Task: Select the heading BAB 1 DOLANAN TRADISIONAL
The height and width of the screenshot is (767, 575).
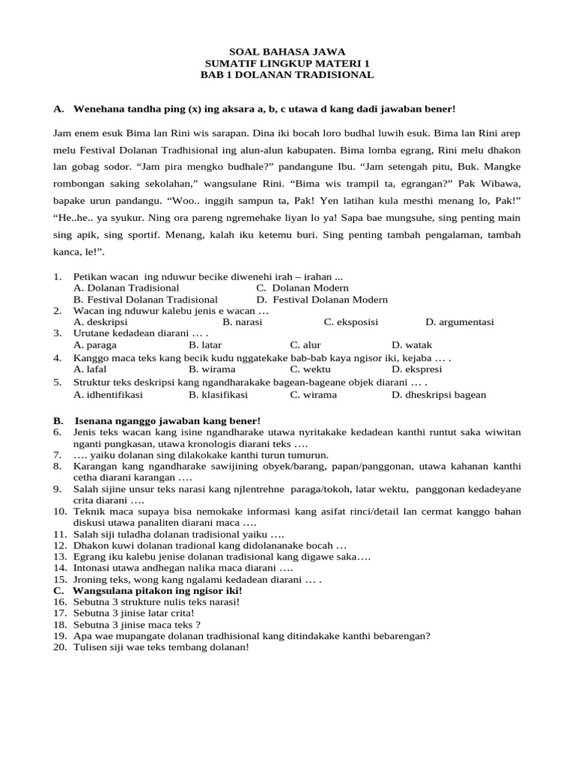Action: point(287,75)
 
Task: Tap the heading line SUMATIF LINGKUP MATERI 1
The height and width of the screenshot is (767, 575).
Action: point(287,64)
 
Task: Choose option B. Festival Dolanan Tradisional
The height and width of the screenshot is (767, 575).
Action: point(145,300)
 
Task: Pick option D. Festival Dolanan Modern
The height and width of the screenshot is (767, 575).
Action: point(322,300)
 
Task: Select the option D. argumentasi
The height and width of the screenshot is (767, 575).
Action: point(459,322)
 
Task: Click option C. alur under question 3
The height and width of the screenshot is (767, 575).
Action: point(305,345)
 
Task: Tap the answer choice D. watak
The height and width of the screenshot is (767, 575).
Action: point(412,345)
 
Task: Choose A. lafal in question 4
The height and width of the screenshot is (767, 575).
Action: point(91,369)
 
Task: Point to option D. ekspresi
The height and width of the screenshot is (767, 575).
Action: point(416,369)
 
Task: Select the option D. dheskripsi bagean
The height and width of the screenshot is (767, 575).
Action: point(438,395)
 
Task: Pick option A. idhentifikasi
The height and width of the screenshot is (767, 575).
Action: point(108,395)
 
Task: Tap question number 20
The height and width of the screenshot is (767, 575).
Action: point(59,647)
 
